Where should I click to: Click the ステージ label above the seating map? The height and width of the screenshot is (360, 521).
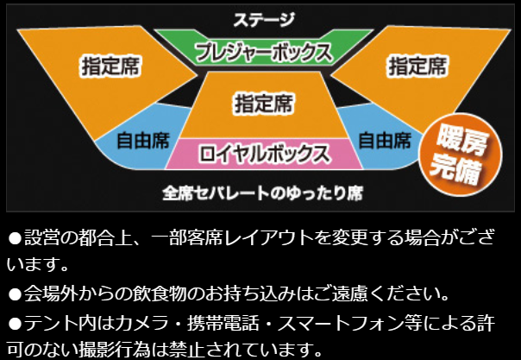click(264, 19)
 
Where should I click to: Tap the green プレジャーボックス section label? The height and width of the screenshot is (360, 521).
click(264, 53)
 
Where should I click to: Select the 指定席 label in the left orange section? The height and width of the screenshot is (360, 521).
click(110, 66)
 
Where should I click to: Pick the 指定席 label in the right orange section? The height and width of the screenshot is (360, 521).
click(417, 66)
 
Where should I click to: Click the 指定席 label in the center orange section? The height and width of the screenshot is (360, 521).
click(264, 104)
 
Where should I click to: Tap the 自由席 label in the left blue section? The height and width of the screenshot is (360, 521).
click(143, 140)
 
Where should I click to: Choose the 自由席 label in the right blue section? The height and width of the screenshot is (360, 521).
click(385, 140)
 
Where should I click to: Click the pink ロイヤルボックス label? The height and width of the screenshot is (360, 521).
click(265, 154)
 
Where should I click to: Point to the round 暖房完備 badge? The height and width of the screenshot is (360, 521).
click(461, 154)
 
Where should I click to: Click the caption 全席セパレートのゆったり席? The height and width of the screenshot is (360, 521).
click(263, 193)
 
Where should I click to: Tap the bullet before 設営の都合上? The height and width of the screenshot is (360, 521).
click(15, 238)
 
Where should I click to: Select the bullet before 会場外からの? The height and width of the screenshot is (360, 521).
click(15, 294)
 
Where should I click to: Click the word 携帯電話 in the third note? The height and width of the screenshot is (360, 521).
click(223, 323)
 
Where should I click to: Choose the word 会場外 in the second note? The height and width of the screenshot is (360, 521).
click(50, 294)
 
